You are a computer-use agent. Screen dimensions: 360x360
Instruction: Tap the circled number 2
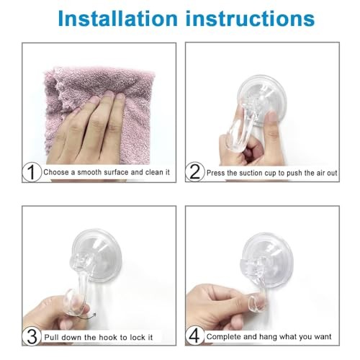[x=194, y=173]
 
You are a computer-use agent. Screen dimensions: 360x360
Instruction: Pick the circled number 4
[x=194, y=336]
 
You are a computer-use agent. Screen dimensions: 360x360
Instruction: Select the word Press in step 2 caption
[x=217, y=173]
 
